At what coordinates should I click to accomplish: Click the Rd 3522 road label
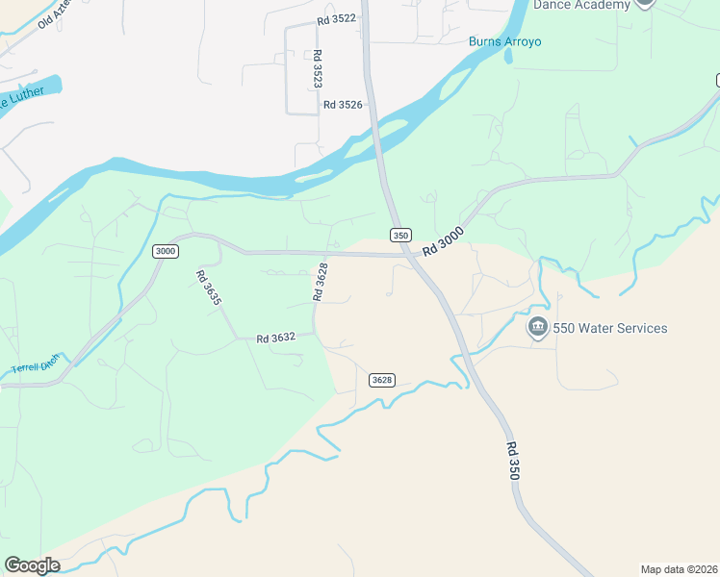(x=336, y=18)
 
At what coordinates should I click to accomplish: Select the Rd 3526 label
(x=343, y=105)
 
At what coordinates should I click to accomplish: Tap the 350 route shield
(x=400, y=235)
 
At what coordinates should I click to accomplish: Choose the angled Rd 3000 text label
(x=443, y=239)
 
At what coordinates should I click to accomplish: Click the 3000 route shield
(x=166, y=251)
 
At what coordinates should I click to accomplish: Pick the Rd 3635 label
(x=209, y=288)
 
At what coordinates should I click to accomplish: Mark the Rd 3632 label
(x=275, y=339)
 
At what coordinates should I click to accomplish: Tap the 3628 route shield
(x=382, y=380)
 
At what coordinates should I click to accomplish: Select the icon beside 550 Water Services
(x=537, y=328)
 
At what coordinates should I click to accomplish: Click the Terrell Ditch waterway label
(x=36, y=364)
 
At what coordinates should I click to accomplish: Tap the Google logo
(x=32, y=565)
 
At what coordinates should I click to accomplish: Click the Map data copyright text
(x=679, y=568)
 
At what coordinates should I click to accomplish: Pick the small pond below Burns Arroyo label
(x=507, y=56)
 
